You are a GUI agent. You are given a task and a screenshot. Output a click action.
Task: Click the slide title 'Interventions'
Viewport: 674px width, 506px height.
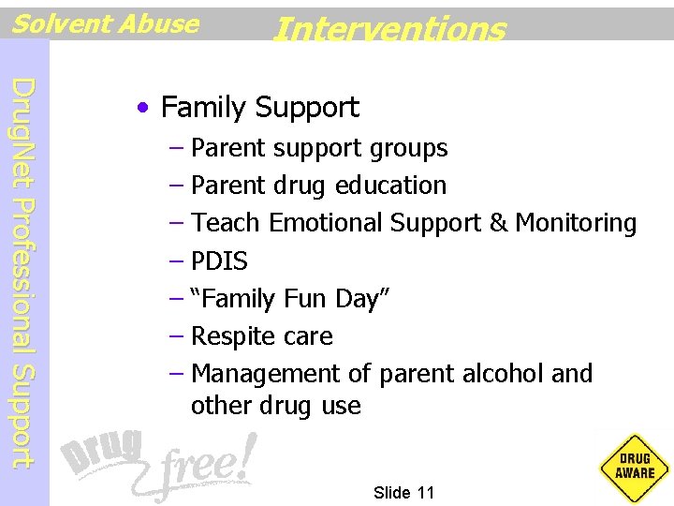(388, 29)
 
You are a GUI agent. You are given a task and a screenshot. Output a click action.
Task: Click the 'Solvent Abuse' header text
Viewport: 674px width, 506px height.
(105, 23)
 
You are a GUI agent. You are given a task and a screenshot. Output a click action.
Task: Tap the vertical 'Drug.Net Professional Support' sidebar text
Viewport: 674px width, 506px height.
(25, 272)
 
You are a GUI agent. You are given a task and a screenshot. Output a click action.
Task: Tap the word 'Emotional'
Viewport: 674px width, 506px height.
(326, 223)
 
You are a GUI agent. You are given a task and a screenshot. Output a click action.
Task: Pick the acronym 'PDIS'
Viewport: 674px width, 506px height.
(219, 261)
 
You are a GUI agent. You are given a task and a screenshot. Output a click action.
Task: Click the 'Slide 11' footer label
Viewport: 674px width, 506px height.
(403, 493)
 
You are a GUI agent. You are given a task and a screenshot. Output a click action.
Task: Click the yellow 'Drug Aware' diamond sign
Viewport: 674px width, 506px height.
(635, 465)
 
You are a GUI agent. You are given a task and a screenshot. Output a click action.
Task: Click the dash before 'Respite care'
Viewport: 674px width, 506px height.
(177, 336)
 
